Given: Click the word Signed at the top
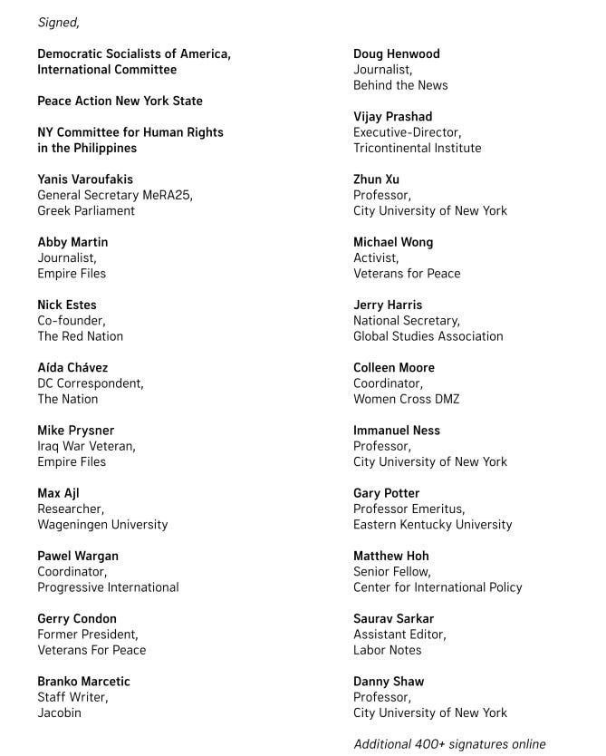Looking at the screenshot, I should [x=58, y=23].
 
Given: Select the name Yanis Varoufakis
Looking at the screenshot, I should [x=85, y=179].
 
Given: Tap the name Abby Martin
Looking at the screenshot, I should [x=72, y=242].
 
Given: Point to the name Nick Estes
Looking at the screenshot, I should [x=67, y=305].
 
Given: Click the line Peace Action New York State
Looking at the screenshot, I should [x=120, y=101].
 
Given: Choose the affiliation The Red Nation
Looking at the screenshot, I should [x=80, y=336].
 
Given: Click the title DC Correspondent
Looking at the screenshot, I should [x=90, y=383].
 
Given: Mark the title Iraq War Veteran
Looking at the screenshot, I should [x=86, y=446].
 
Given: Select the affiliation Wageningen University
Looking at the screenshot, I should [x=102, y=524].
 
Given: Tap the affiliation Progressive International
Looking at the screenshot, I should [x=108, y=587].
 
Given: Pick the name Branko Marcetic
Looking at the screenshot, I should [x=83, y=682].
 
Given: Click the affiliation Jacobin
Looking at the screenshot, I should [x=59, y=712].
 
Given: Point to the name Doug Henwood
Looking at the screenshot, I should [x=396, y=54].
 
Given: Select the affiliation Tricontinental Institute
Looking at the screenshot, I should [x=417, y=148].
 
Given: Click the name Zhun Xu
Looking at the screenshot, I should [x=376, y=179].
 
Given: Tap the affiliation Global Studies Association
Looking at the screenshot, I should [x=428, y=336].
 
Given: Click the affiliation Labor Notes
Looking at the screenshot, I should [x=387, y=650].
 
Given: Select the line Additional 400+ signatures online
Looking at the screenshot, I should [x=449, y=744].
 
